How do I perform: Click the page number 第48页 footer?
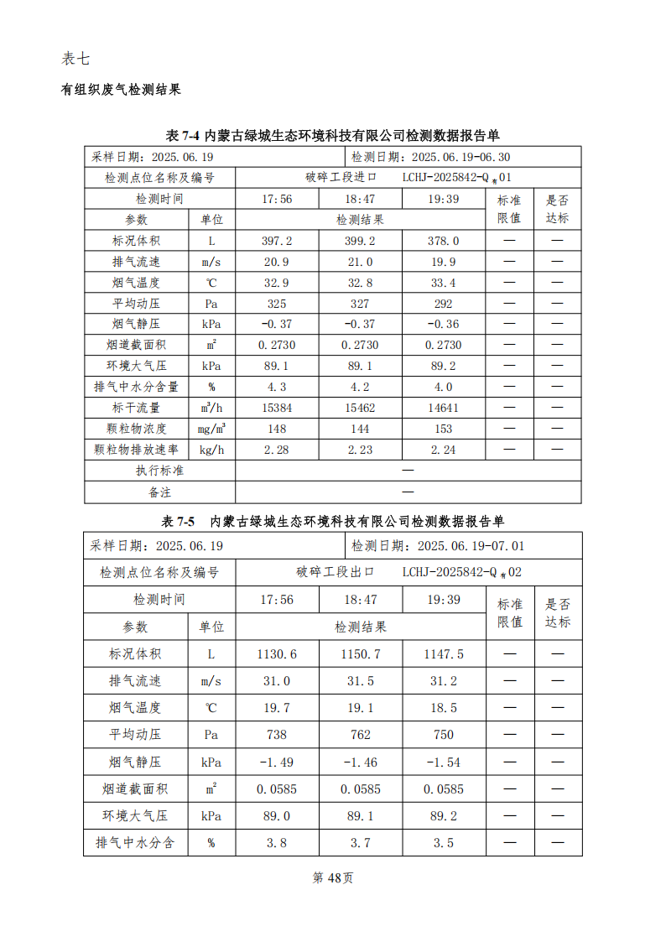pyautogui.click(x=333, y=877)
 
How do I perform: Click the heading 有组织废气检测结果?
pyautogui.click(x=121, y=89)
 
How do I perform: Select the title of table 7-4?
pyautogui.click(x=333, y=136)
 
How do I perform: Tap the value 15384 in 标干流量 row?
pyautogui.click(x=277, y=408)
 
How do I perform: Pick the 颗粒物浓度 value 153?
pyautogui.click(x=444, y=429)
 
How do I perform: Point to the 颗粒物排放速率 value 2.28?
pyautogui.click(x=277, y=450)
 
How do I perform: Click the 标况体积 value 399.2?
pyautogui.click(x=361, y=241)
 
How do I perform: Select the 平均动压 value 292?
pyautogui.click(x=444, y=304)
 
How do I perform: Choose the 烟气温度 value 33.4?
pyautogui.click(x=444, y=283)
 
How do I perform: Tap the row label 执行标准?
pyautogui.click(x=159, y=471)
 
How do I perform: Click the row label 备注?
pyautogui.click(x=159, y=492)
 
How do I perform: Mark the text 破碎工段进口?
pyautogui.click(x=341, y=178)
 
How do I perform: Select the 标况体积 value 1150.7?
pyautogui.click(x=361, y=654)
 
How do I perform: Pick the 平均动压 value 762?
pyautogui.click(x=361, y=735)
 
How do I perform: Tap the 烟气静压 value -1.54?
pyautogui.click(x=444, y=762)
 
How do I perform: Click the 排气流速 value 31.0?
pyautogui.click(x=277, y=681)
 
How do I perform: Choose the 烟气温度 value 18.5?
pyautogui.click(x=444, y=708)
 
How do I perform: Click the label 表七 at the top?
pyautogui.click(x=75, y=59)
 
